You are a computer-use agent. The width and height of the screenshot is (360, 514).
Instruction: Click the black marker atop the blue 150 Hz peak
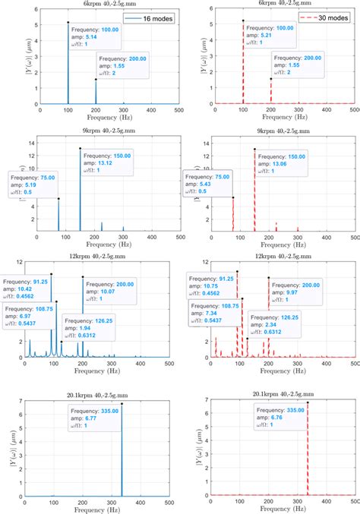(x=81, y=149)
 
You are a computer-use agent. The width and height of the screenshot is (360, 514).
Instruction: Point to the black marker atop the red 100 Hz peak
(x=243, y=21)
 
